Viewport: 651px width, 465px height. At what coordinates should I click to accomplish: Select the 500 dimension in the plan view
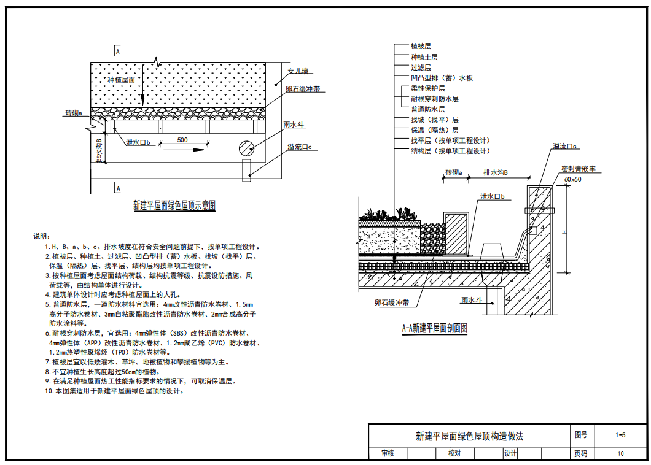[182, 140]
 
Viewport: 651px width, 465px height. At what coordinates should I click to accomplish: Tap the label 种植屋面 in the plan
[121, 80]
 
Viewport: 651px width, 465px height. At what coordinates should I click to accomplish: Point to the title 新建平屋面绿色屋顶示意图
[174, 206]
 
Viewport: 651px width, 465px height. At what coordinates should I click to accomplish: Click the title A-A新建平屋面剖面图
[435, 328]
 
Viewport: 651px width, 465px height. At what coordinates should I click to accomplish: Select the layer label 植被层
[421, 47]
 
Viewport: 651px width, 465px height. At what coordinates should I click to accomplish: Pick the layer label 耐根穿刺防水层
[435, 99]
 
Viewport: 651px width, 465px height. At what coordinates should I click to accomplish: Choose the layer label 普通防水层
[428, 109]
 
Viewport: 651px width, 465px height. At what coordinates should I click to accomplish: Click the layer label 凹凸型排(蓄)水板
[442, 78]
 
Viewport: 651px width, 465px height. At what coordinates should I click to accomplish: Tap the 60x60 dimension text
[572, 179]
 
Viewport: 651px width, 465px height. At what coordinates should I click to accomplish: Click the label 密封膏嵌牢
[579, 168]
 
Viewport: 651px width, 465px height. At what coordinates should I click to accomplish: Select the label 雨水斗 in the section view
[472, 300]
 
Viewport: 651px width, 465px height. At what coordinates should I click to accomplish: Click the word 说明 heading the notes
[40, 236]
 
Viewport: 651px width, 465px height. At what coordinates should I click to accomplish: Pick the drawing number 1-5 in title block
[620, 436]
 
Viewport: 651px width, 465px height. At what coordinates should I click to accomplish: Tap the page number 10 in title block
[620, 454]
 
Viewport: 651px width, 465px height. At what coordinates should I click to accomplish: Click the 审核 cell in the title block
[387, 454]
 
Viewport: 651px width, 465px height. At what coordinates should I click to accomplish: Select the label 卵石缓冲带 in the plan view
[303, 90]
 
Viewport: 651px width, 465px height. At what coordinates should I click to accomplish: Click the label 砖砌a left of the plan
[73, 113]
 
